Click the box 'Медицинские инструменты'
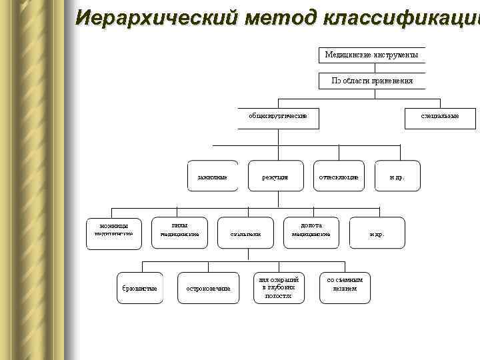pyautogui.click(x=371, y=55)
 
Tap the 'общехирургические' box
pyautogui.click(x=278, y=116)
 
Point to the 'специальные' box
pyautogui.click(x=439, y=116)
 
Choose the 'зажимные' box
pyautogui.click(x=213, y=177)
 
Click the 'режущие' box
pyautogui.click(x=275, y=177)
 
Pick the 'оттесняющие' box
pyautogui.click(x=339, y=177)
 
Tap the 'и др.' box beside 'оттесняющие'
pyautogui.click(x=397, y=177)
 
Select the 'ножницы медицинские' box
pyautogui.click(x=113, y=231)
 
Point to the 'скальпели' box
pyautogui.click(x=245, y=233)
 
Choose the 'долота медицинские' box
pyautogui.click(x=311, y=231)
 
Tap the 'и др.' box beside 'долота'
pyautogui.click(x=377, y=233)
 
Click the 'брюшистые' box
pyautogui.click(x=139, y=287)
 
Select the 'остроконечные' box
pyautogui.click(x=208, y=287)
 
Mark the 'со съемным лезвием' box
pyautogui.click(x=345, y=285)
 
